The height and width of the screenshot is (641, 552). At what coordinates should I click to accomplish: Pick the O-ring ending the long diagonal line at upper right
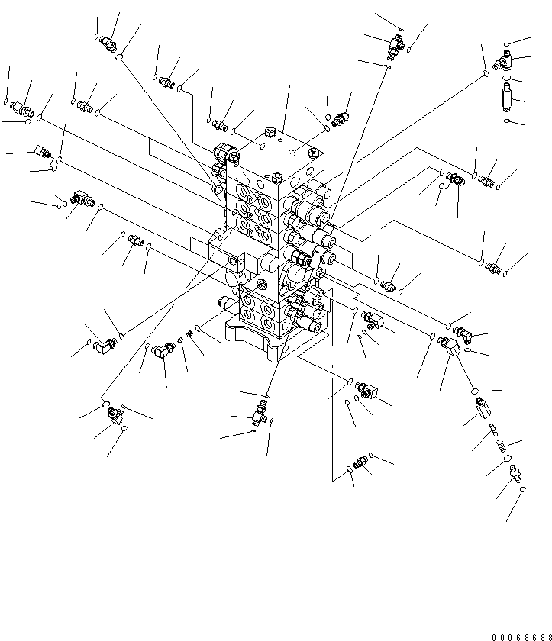tap(484, 73)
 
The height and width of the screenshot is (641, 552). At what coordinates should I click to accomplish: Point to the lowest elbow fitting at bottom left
tap(115, 416)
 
